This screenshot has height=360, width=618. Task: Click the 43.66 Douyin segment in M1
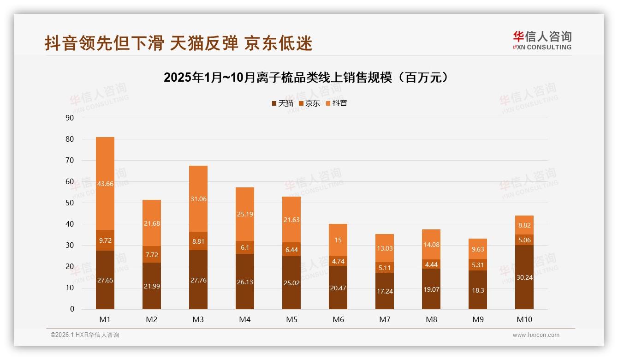tap(105, 184)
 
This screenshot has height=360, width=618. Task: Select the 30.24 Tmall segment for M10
tap(524, 277)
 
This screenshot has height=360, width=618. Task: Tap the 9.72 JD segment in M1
tap(105, 240)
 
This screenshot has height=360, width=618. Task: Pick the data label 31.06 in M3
tap(198, 199)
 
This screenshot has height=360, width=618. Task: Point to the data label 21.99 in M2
tap(152, 286)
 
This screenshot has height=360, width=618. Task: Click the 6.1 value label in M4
tap(245, 247)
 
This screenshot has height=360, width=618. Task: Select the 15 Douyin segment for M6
tap(338, 240)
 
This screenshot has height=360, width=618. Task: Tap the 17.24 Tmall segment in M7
tap(385, 291)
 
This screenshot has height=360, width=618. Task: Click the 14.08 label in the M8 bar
tap(431, 245)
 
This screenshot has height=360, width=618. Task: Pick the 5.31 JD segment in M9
tap(478, 264)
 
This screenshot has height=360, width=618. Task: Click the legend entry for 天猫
tap(283, 103)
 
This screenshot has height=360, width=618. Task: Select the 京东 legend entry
tap(309, 103)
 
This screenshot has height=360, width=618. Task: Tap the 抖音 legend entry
tap(337, 103)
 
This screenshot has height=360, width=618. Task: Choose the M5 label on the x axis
tap(291, 319)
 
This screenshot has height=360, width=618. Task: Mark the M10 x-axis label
tap(524, 319)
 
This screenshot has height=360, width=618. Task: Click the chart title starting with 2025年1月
tap(306, 78)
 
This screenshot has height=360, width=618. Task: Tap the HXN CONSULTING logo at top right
tap(542, 41)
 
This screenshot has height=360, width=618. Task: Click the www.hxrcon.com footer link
tap(536, 335)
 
